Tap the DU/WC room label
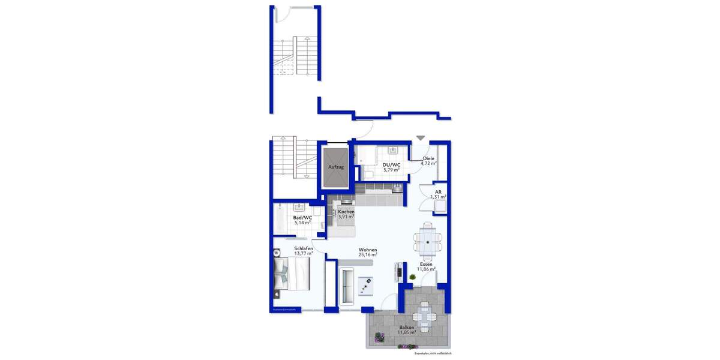pyautogui.click(x=391, y=165)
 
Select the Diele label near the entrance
pyautogui.click(x=428, y=158)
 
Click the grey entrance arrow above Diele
pyautogui.click(x=421, y=138)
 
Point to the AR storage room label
pyautogui.click(x=438, y=192)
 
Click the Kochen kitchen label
pyautogui.click(x=346, y=212)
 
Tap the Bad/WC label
pyautogui.click(x=302, y=218)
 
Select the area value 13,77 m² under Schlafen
pyautogui.click(x=303, y=253)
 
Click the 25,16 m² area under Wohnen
pyautogui.click(x=368, y=254)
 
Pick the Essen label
pyautogui.click(x=426, y=263)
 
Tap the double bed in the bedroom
pyautogui.click(x=291, y=274)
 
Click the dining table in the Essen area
pyautogui.click(x=428, y=239)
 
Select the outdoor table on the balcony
pyautogui.click(x=424, y=314)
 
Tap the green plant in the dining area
pyautogui.click(x=413, y=277)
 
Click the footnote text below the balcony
pyautogui.click(x=433, y=353)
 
